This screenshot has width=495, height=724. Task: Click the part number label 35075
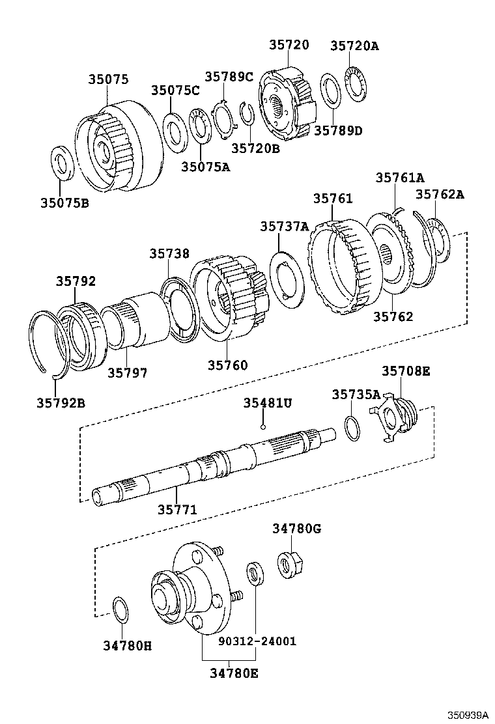tap(108, 79)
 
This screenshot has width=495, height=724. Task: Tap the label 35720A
tap(354, 46)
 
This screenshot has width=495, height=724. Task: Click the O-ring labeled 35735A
tap(352, 427)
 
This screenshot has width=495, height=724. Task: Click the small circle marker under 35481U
tap(262, 427)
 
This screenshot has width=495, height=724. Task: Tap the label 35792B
tap(61, 402)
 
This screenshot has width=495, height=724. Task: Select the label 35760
tap(227, 365)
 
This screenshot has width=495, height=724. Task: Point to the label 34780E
tap(233, 673)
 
